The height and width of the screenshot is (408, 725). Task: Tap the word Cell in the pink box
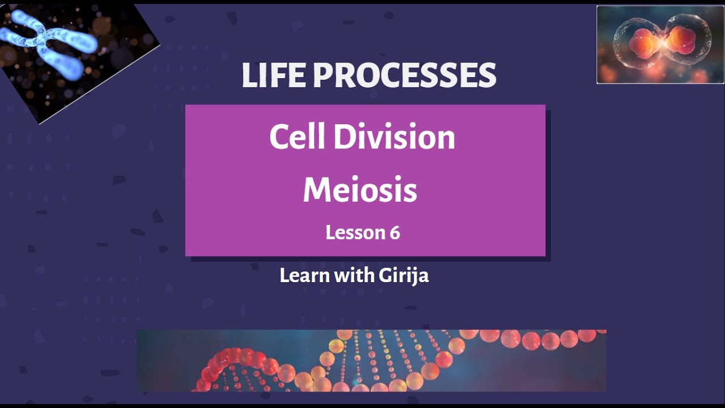[297, 137]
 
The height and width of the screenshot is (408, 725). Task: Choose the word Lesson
[352, 232]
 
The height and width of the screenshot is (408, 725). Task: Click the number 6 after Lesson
[395, 232]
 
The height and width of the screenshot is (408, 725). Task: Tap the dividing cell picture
[660, 45]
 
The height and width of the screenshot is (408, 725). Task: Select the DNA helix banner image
[371, 360]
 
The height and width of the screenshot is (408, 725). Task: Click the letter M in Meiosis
[315, 190]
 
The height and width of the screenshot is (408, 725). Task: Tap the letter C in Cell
[280, 137]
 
